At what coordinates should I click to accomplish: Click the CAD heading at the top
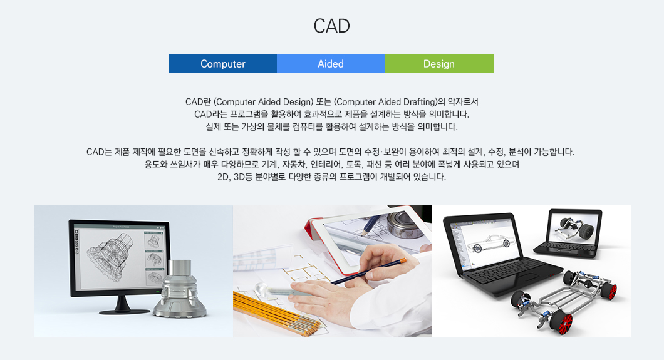pyautogui.click(x=331, y=26)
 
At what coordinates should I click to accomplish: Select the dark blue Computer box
pyautogui.click(x=223, y=63)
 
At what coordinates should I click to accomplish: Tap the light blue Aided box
pyautogui.click(x=331, y=63)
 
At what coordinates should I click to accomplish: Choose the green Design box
pyautogui.click(x=440, y=63)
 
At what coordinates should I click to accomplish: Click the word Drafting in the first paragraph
pyautogui.click(x=419, y=102)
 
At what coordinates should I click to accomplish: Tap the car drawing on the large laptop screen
pyautogui.click(x=491, y=244)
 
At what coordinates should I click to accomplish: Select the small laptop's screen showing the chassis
pyautogui.click(x=574, y=228)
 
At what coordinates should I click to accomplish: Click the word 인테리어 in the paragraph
pyautogui.click(x=325, y=164)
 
